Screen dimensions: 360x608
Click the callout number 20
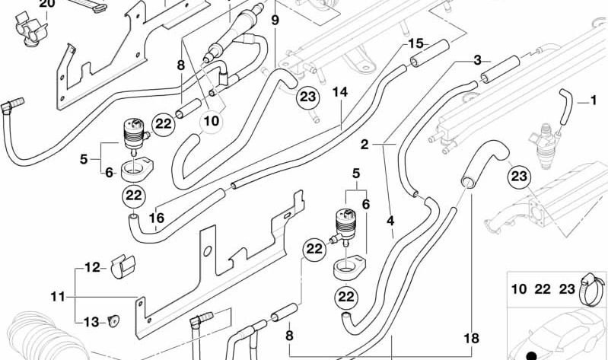(x=46, y=4)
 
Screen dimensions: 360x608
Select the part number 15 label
(x=415, y=43)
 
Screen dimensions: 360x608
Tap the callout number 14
(x=477, y=60)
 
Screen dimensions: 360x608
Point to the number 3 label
(x=390, y=221)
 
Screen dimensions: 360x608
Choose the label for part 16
(x=156, y=217)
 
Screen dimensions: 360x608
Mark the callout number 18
(x=471, y=337)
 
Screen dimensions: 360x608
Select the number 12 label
(x=91, y=267)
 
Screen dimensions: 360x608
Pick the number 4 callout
(x=390, y=221)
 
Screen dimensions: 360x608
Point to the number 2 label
(x=364, y=144)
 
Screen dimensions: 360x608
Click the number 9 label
(x=274, y=18)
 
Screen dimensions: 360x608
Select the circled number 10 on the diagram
(x=211, y=121)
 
